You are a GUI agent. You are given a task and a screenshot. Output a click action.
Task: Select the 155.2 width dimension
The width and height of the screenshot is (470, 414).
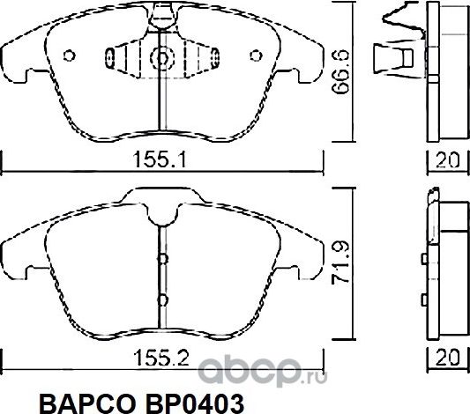(x=162, y=358)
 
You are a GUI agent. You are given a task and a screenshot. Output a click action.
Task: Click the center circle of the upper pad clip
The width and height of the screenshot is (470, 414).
(x=161, y=59)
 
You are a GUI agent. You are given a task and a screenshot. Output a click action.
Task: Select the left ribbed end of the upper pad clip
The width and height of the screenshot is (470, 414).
(x=120, y=59)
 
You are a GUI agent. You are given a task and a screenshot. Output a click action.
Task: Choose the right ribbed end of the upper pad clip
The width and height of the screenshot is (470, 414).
(x=205, y=59)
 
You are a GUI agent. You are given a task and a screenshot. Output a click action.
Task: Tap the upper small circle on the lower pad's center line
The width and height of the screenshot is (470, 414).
(x=161, y=259)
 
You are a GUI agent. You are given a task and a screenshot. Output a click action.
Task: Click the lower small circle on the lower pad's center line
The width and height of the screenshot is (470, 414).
(x=161, y=297)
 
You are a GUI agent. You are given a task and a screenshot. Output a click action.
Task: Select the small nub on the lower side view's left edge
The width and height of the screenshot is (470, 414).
(x=425, y=259)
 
